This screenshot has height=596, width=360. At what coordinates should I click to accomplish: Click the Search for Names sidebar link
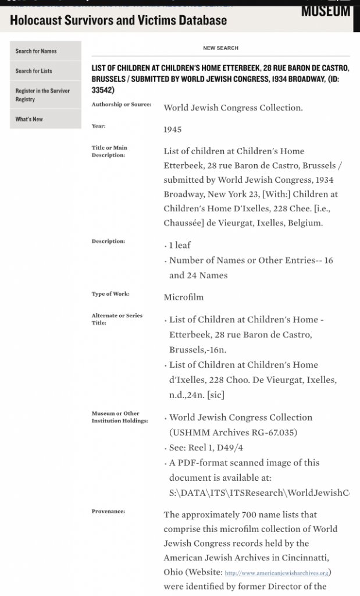click(36, 51)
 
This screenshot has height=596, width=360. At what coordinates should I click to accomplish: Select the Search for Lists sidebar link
click(34, 71)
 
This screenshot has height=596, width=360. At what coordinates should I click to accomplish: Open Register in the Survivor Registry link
click(42, 95)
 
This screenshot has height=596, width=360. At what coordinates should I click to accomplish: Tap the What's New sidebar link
click(29, 119)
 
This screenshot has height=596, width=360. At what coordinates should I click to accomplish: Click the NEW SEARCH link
click(220, 48)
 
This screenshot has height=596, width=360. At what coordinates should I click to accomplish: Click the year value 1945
click(172, 130)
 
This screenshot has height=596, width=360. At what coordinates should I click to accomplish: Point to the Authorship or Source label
click(122, 105)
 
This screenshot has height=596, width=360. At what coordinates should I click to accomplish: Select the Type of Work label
click(111, 294)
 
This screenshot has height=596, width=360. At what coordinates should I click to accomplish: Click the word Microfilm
click(184, 297)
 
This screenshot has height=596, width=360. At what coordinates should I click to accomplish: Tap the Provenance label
click(108, 512)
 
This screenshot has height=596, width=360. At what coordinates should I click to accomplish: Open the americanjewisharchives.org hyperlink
click(277, 573)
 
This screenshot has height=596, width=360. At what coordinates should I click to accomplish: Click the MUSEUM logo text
click(326, 10)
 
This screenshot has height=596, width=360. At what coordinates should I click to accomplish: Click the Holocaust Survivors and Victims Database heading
click(119, 21)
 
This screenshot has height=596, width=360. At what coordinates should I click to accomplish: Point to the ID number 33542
click(102, 90)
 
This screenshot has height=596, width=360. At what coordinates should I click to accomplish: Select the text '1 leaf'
click(179, 245)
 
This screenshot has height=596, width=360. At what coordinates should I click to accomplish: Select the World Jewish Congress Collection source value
click(233, 108)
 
